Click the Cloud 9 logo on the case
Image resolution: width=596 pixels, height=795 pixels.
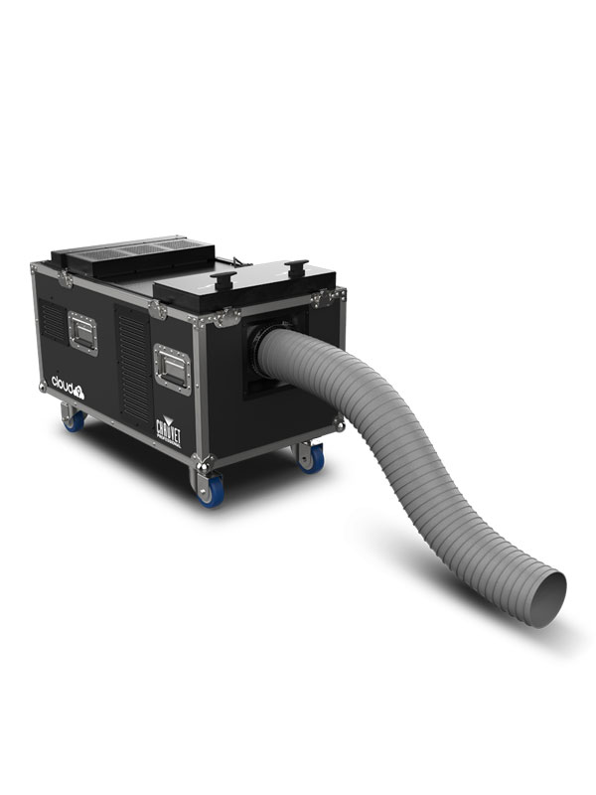point(68,383)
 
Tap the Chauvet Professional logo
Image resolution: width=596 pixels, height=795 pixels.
point(168,429)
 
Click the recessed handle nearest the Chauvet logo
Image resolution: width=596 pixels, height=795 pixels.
point(173,368)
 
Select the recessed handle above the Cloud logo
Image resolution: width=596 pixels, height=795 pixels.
point(83,331)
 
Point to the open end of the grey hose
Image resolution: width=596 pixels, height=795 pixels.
point(546,598)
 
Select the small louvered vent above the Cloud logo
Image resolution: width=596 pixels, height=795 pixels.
point(52,321)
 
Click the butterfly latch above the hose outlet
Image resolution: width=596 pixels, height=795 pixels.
point(320,298)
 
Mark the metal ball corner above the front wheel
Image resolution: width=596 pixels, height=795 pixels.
point(205,462)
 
